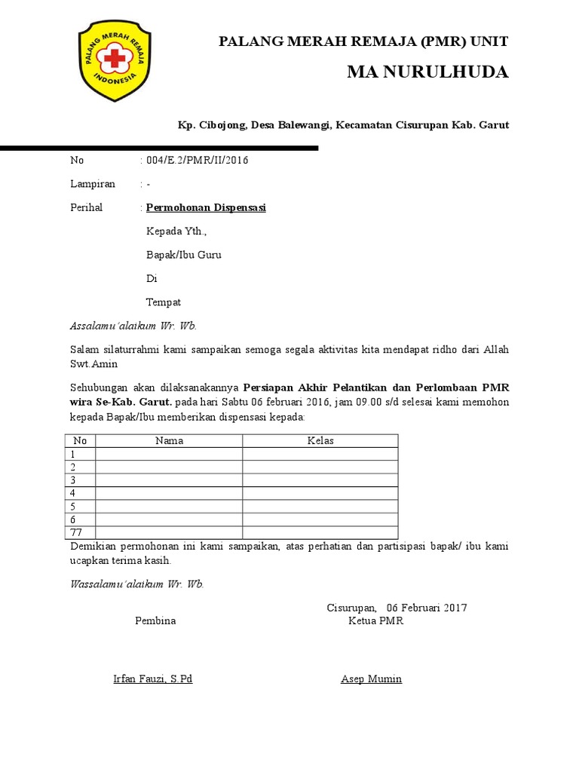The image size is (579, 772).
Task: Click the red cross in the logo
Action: pos(115,58)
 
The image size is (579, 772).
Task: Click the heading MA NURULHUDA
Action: pos(427,72)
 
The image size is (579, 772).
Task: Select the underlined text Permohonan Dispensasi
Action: pos(206,207)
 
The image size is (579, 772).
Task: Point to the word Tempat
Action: pos(164,302)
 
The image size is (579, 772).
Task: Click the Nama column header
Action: pos(169,441)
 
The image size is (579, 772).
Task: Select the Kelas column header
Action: pos(320,441)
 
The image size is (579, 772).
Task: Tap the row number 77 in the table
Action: pos(76,532)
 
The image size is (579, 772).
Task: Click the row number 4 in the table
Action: pos(73,493)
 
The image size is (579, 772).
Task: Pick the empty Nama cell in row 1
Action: pos(169,454)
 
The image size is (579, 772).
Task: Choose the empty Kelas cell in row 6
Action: pos(320,519)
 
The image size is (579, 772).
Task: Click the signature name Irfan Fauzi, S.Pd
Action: pos(152,679)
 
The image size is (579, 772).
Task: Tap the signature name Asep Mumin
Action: pos(371,679)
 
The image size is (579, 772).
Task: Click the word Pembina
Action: pos(155,620)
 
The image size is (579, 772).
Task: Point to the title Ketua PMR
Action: pos(375,620)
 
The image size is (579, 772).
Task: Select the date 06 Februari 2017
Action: pos(427,608)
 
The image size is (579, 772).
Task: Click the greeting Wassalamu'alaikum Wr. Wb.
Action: pos(136,584)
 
